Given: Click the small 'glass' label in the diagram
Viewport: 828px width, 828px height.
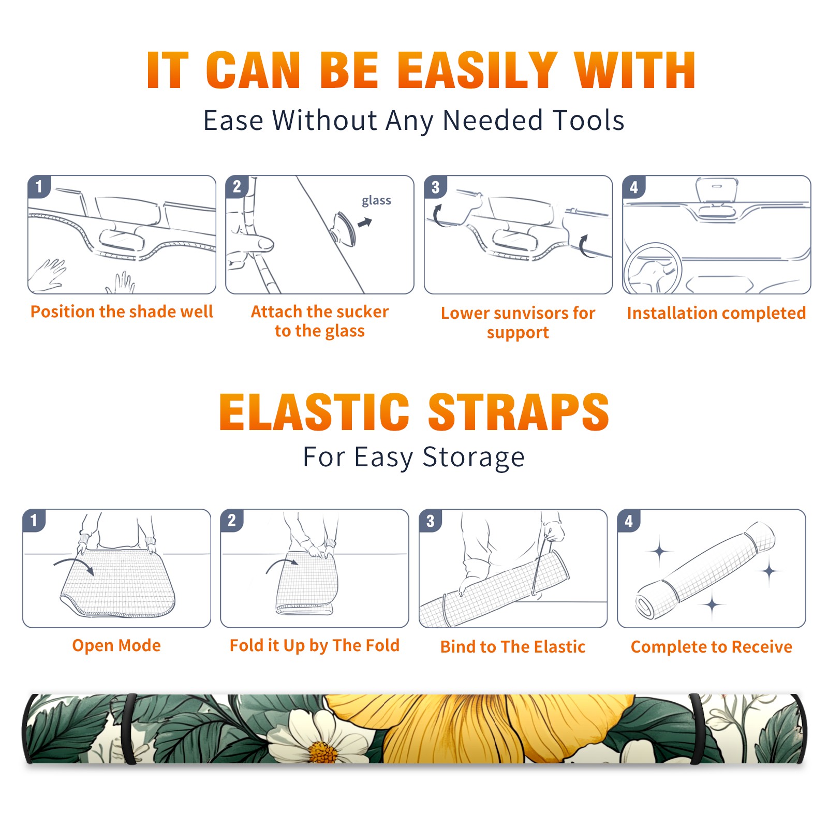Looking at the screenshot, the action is [376, 200].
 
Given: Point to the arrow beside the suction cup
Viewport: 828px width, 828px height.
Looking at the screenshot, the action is [365, 223].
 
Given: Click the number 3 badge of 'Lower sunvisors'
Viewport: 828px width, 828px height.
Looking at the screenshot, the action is [435, 187].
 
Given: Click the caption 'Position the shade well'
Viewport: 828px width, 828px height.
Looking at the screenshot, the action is [122, 312].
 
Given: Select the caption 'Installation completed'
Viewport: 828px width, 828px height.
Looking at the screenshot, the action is [716, 313].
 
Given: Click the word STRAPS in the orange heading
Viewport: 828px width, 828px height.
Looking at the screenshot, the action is [519, 412].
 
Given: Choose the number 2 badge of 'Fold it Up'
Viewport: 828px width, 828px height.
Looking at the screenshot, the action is [232, 520].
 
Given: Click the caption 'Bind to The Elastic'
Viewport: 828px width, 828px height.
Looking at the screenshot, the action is [513, 647].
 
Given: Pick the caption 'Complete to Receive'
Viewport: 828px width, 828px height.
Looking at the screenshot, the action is [712, 647].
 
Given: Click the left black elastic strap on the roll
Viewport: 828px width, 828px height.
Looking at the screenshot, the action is [129, 729].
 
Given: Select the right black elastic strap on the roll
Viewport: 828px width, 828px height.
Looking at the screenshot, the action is [697, 729].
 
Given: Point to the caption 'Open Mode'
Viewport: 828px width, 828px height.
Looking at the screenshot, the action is [116, 645].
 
